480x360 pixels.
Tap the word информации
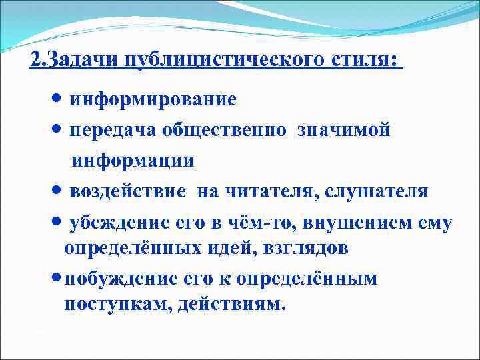(x=133, y=161)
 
